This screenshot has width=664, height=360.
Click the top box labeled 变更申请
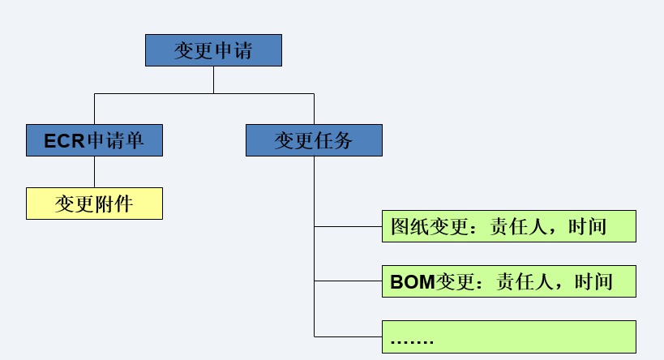point(213,50)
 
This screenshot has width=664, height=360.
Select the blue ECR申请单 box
point(94,140)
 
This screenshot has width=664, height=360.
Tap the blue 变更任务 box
point(314,140)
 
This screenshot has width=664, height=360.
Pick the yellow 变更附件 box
point(94,204)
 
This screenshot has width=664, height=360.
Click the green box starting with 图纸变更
point(508,226)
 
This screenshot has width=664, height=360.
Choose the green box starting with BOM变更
point(508,281)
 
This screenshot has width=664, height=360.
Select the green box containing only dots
point(508,336)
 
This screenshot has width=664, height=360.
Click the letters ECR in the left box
point(64,141)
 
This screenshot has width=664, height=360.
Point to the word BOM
point(413,282)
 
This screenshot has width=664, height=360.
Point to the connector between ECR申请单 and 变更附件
point(94,172)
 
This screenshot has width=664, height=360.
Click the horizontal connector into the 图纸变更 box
point(348,226)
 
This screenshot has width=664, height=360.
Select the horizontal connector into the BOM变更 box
point(348,281)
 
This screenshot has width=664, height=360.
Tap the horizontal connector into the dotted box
point(348,336)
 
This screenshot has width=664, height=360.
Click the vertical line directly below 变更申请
point(213,79)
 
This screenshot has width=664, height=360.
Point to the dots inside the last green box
point(412,341)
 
